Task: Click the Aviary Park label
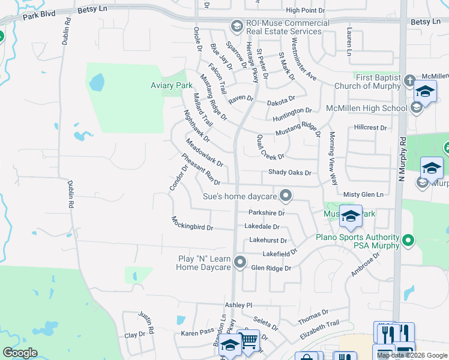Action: coord(171,86)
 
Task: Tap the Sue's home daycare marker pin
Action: coord(286,196)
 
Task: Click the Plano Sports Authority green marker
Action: coord(408,241)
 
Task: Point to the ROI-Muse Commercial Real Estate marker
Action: coord(236,26)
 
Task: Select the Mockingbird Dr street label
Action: coord(192,224)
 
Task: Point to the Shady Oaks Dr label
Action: coord(290,173)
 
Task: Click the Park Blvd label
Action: coord(38,14)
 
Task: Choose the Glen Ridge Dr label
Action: coord(271,268)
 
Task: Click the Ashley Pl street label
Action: coord(238,305)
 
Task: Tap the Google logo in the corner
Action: coord(20,353)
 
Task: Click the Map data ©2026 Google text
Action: coord(412,355)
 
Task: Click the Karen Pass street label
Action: coord(197,331)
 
